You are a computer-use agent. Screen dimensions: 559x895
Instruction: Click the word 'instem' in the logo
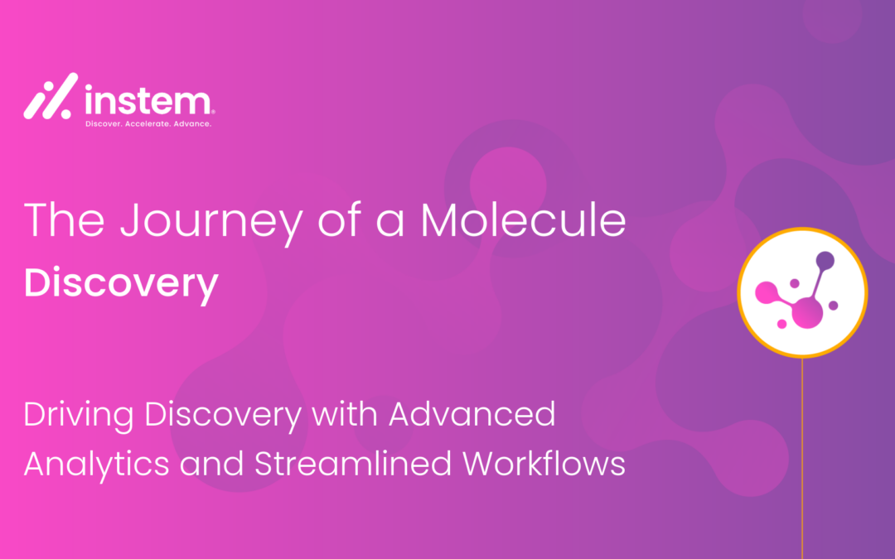click(147, 102)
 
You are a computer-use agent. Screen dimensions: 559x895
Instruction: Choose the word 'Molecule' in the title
click(523, 220)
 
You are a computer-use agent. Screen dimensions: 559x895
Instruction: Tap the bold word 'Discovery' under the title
click(121, 284)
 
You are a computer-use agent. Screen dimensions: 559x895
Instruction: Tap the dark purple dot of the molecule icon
click(825, 261)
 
